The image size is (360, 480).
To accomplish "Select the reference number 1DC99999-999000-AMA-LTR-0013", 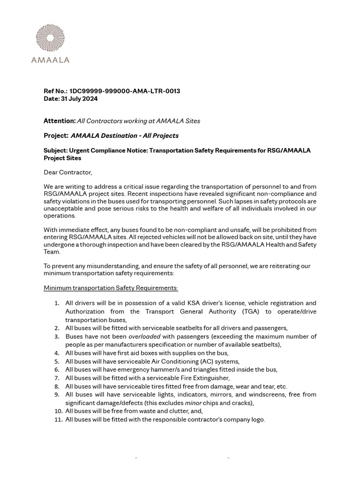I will [125, 91].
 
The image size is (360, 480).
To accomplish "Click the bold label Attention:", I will [60, 121].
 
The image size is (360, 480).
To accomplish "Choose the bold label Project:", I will [56, 136].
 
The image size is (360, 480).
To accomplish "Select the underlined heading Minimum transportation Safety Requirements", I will [111, 287].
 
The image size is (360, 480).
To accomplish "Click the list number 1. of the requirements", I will [57, 303].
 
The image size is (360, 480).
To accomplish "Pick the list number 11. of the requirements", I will [58, 420].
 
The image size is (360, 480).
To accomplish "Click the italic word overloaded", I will [144, 337].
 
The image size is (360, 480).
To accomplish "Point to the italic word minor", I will [195, 403].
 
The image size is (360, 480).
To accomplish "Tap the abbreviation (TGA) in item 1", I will [252, 311].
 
